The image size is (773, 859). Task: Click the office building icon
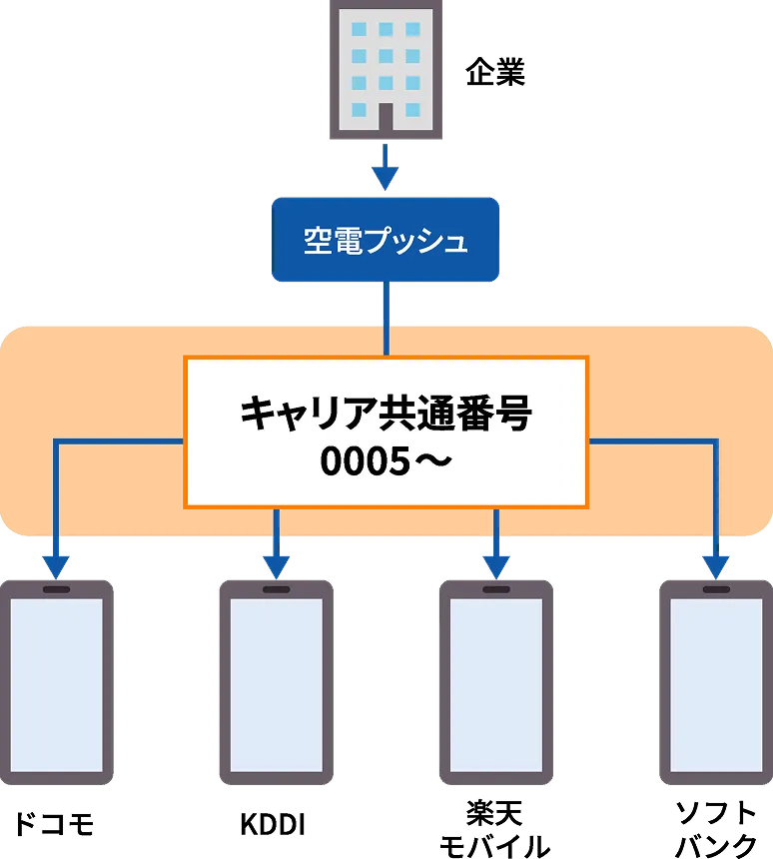[386, 70]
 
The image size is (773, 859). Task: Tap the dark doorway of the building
[386, 120]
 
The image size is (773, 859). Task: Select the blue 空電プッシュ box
[386, 240]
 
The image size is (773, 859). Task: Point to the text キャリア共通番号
[386, 413]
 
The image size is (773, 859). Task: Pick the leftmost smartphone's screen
[57, 684]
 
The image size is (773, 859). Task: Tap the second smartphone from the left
[276, 684]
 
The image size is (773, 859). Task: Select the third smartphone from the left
[496, 684]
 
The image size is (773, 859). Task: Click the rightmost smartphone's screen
[715, 684]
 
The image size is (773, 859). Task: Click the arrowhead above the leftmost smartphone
[56, 566]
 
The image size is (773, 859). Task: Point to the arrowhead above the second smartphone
[276, 566]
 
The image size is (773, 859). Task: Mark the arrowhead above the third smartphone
[496, 566]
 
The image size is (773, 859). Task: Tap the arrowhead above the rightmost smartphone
[715, 566]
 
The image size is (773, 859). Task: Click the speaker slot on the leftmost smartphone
[57, 589]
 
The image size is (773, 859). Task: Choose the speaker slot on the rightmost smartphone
[715, 589]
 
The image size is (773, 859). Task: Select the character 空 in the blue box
[318, 242]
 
